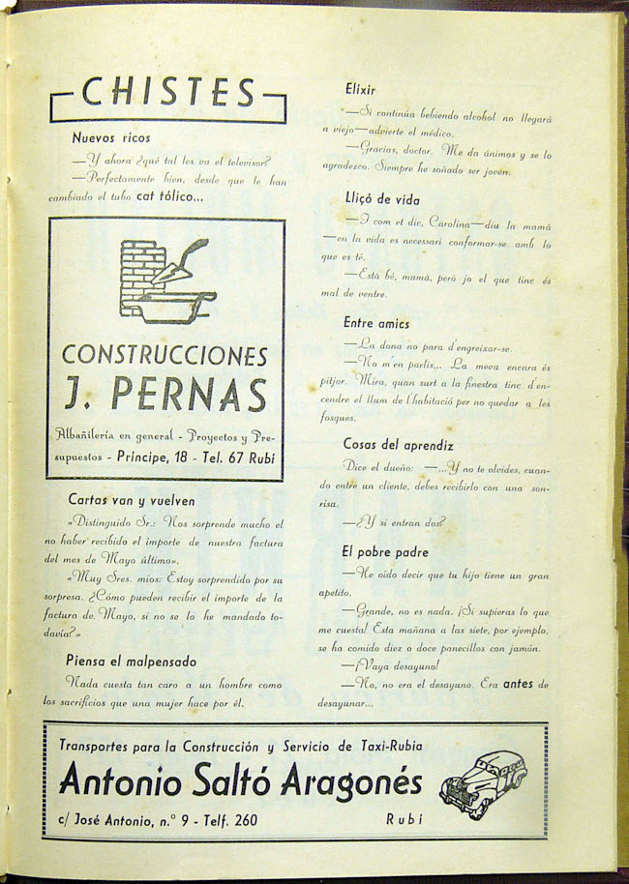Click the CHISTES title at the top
pyautogui.click(x=168, y=94)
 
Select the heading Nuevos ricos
pyautogui.click(x=111, y=138)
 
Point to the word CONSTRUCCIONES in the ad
pyautogui.click(x=165, y=354)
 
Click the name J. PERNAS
pyautogui.click(x=165, y=394)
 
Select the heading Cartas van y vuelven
pyautogui.click(x=132, y=501)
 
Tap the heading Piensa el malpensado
pyautogui.click(x=132, y=662)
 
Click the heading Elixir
pyautogui.click(x=360, y=88)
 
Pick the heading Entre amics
pyautogui.click(x=375, y=323)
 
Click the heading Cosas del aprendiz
pyautogui.click(x=398, y=444)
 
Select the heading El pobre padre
pyautogui.click(x=384, y=552)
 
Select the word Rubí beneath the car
pyautogui.click(x=404, y=820)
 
